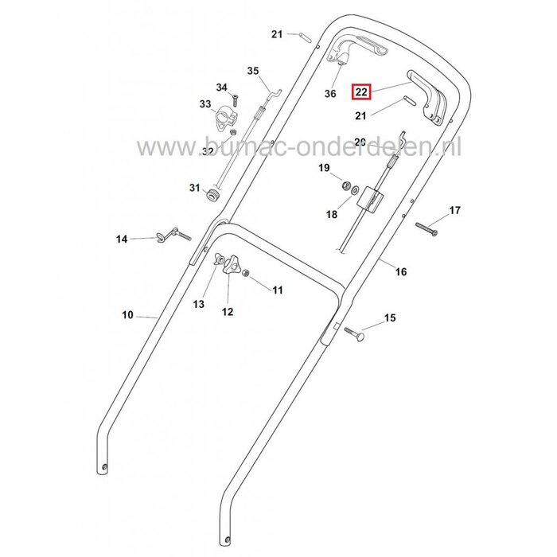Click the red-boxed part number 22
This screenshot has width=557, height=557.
(361, 92)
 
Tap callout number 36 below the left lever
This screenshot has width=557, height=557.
(331, 94)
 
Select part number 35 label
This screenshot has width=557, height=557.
(253, 71)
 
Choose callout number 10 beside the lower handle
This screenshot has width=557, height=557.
(128, 315)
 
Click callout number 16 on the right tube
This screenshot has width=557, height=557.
(400, 271)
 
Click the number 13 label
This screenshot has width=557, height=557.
(198, 303)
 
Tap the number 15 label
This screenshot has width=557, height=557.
(389, 318)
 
